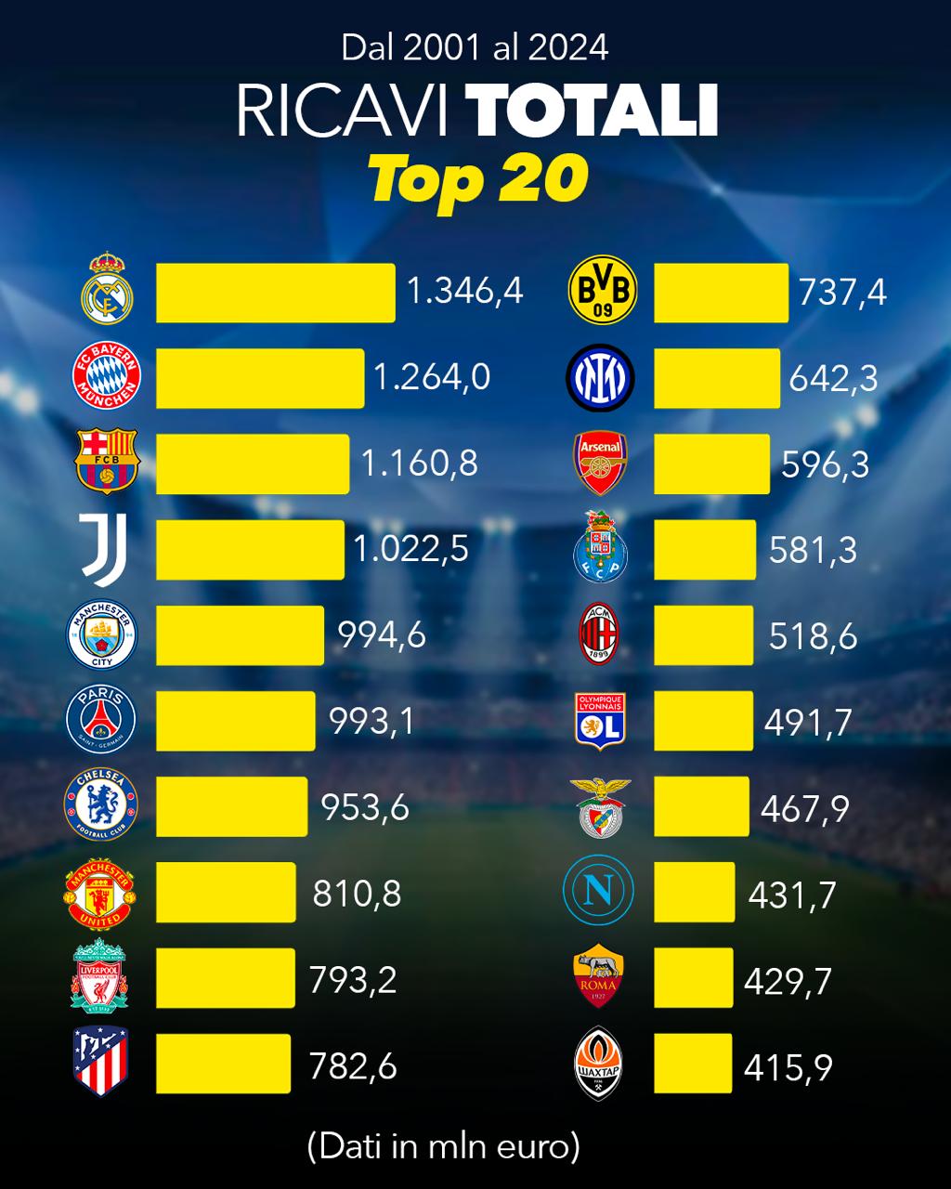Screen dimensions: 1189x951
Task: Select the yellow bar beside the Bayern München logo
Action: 260,378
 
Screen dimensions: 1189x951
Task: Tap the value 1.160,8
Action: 419,463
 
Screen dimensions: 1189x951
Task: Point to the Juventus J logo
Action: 104,550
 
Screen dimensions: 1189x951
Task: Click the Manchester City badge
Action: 102,635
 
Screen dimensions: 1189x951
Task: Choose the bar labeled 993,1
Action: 236,721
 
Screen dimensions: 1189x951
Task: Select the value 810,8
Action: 357,894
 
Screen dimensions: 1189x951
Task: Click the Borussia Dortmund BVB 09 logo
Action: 603,290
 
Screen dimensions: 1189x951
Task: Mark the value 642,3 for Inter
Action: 833,379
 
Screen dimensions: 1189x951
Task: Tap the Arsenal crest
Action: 602,462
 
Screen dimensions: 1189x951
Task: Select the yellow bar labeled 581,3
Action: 705,550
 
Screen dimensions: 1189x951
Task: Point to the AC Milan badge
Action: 599,634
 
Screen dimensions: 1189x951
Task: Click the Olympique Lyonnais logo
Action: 600,721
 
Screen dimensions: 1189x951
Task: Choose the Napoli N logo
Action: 599,892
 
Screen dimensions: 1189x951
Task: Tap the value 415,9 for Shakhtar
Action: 788,1067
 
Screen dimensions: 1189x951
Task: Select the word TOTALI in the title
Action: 592,111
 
